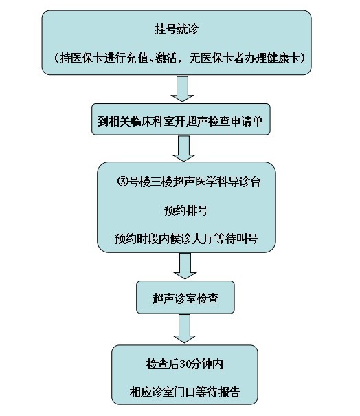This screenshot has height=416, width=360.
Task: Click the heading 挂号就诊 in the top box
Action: (x=177, y=29)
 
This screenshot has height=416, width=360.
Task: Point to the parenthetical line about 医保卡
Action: (x=179, y=58)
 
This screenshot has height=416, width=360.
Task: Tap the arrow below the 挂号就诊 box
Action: (x=182, y=89)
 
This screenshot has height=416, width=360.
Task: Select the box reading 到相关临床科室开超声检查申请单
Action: (x=181, y=119)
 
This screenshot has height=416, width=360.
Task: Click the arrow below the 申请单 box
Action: (x=183, y=149)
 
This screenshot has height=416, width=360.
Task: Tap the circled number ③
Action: (x=123, y=182)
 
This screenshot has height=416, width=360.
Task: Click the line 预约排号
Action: (x=185, y=210)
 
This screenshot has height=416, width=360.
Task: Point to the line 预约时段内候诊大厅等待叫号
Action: (x=186, y=239)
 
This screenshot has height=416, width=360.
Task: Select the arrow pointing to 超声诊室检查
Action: (x=185, y=266)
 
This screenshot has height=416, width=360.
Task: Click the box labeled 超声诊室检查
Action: (x=185, y=298)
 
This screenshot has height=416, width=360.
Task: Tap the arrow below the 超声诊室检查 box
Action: (x=185, y=329)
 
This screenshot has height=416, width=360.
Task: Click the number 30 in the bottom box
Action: (x=185, y=364)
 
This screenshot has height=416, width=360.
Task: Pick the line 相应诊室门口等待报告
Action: (x=185, y=392)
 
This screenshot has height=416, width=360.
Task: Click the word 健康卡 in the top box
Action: (x=283, y=58)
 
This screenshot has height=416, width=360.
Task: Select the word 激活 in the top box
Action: (x=166, y=58)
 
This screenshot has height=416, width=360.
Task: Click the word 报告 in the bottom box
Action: (x=229, y=392)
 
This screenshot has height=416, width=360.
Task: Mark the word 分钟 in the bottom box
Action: (x=201, y=364)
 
